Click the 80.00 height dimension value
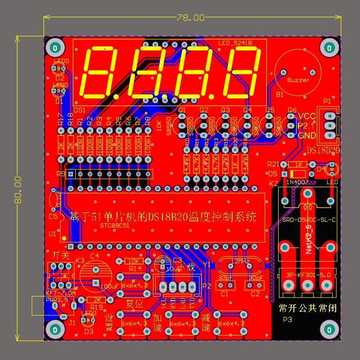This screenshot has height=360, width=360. pos(18,189)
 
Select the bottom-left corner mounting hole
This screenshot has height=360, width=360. pos(55,328)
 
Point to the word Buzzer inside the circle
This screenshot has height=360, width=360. pos(298,80)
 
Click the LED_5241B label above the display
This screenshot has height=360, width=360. pos(235,43)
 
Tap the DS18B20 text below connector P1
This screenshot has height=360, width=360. pos(323,149)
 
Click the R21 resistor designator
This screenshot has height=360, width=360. pos(274,164)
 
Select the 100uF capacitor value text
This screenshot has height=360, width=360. pos(110,286)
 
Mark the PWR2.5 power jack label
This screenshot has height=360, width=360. pos(57,299)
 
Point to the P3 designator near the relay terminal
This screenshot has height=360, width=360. pos(287,319)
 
